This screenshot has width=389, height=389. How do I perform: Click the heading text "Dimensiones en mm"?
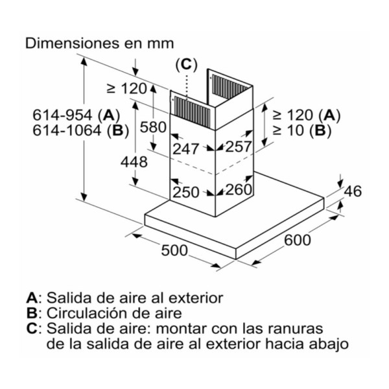click(x=99, y=43)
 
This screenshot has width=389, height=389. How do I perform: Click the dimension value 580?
click(x=153, y=128)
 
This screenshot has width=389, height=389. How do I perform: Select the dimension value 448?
click(x=134, y=162)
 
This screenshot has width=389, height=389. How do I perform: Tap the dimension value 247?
click(x=186, y=149)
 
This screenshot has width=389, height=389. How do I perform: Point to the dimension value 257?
click(x=239, y=147)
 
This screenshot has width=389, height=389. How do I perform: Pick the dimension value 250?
click(x=186, y=192)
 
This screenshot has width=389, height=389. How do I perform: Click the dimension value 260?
click(x=239, y=189)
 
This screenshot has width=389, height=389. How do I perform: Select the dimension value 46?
click(x=353, y=191)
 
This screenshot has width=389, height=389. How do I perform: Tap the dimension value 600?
click(x=297, y=240)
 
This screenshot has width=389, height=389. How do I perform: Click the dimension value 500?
click(x=174, y=250)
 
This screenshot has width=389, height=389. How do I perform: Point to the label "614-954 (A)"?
click(x=77, y=115)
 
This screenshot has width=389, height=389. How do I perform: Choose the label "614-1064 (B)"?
click(x=81, y=131)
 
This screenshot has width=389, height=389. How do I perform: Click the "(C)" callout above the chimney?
click(x=186, y=65)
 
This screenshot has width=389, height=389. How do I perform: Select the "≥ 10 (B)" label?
click(x=302, y=131)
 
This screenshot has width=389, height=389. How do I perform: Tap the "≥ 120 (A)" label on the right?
click(x=307, y=115)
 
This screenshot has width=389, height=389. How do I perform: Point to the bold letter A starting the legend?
click(x=32, y=298)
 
